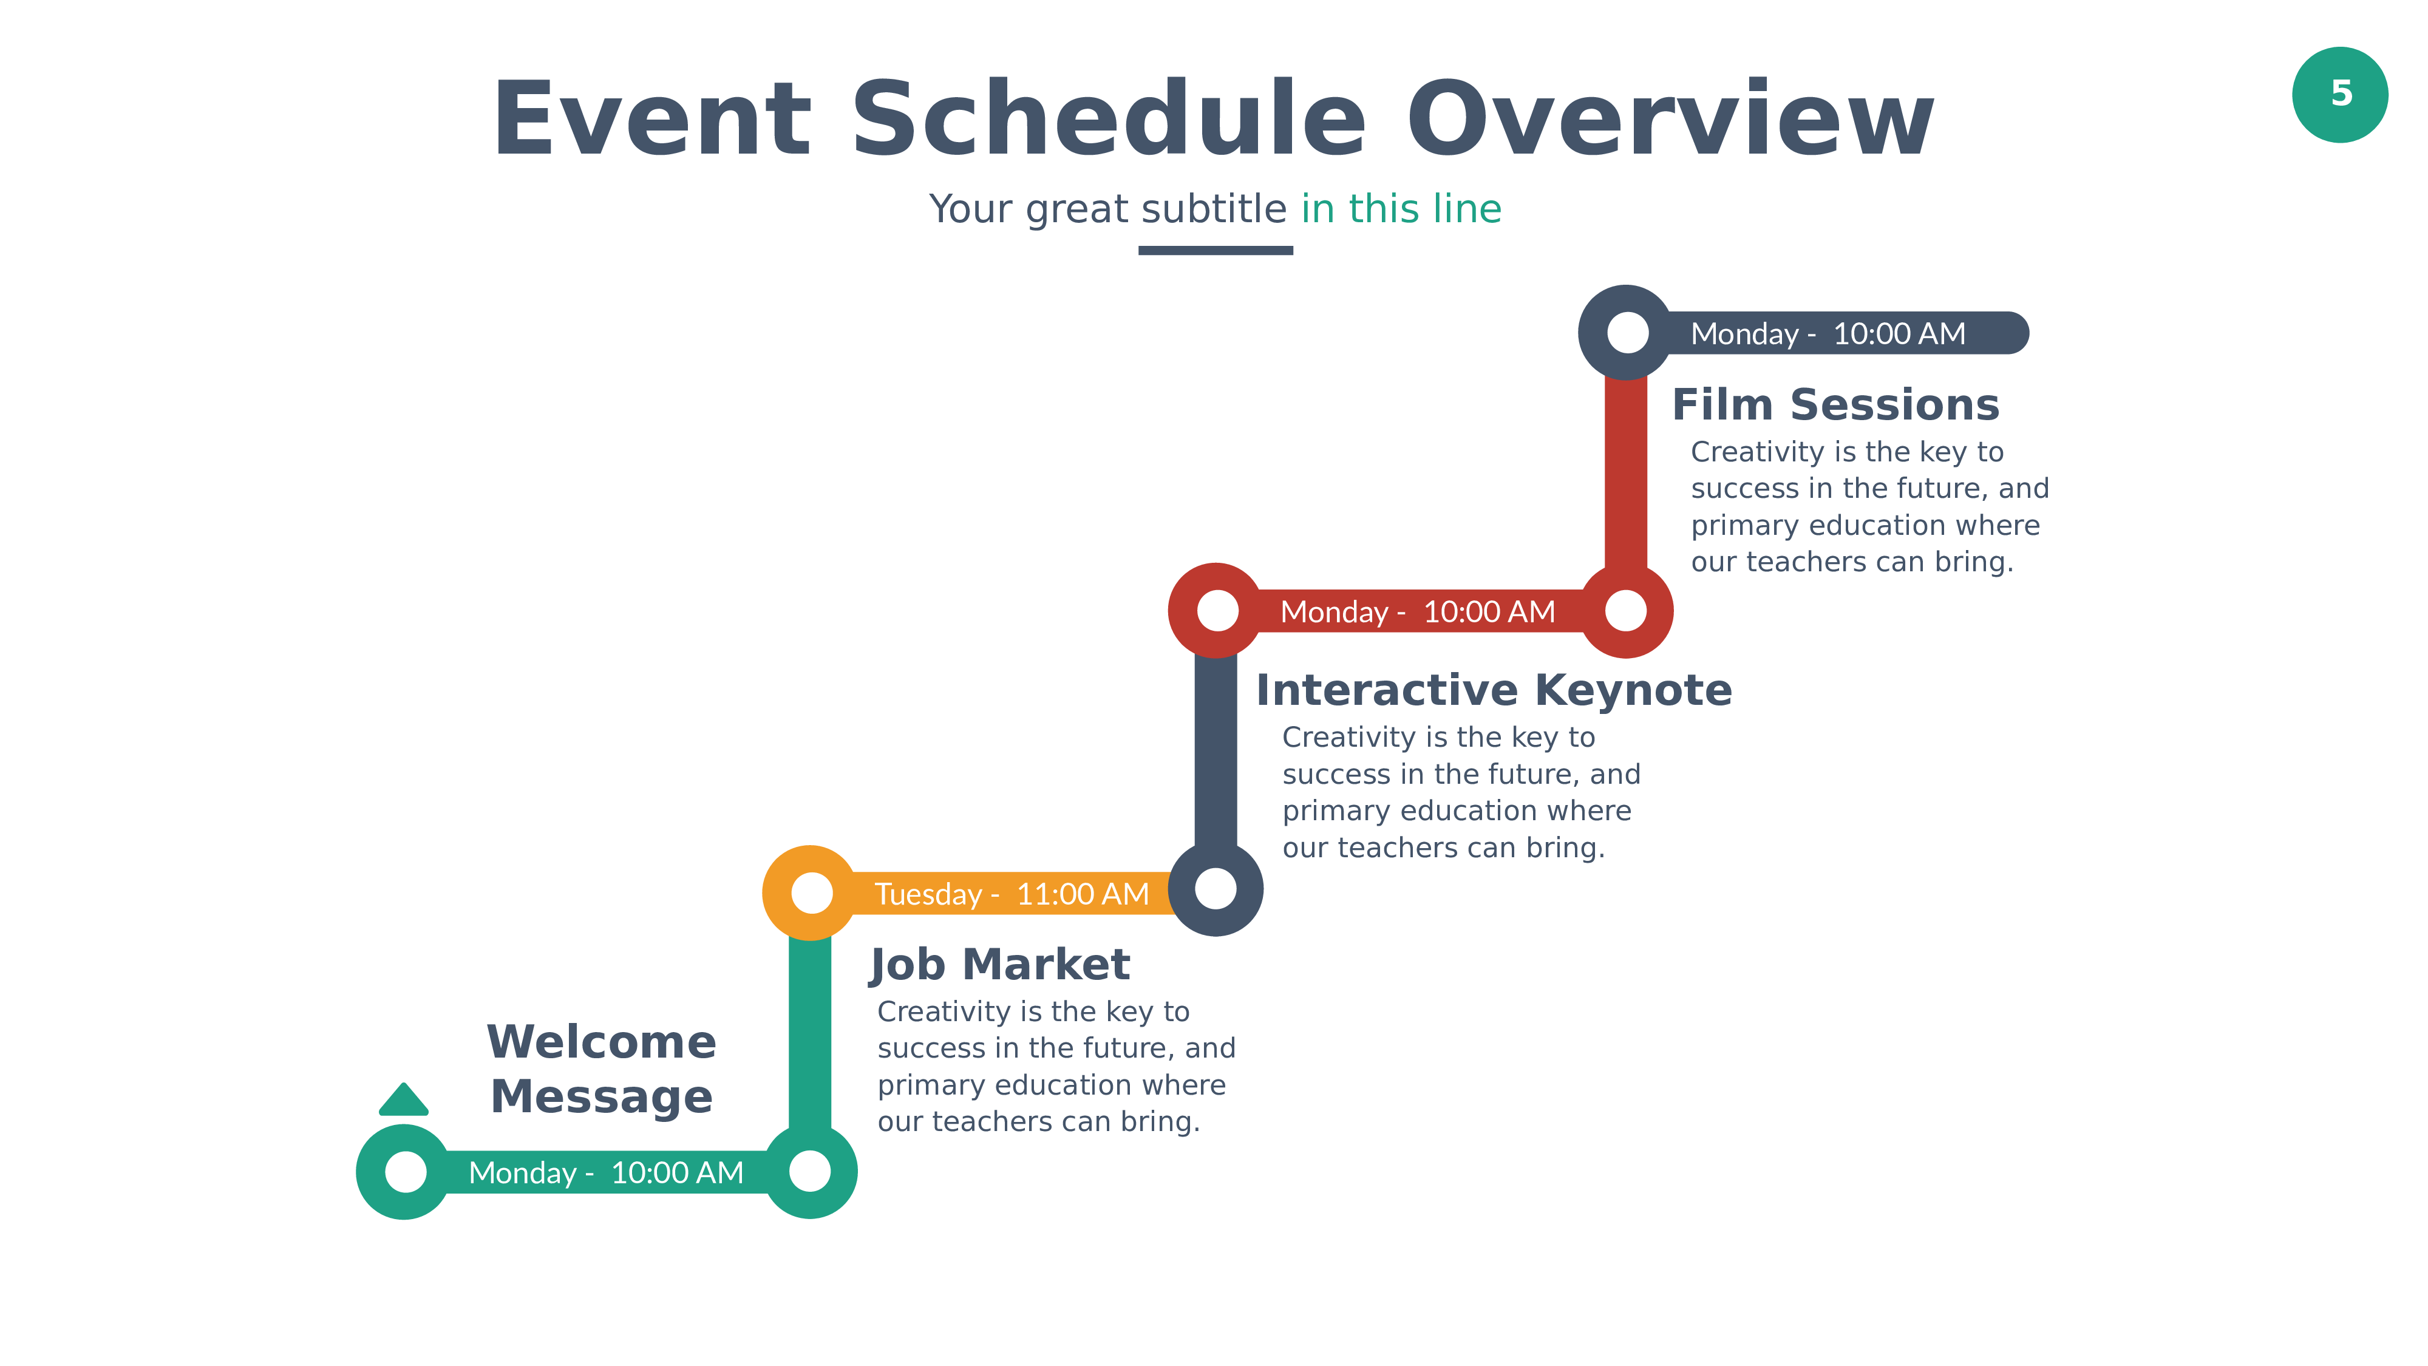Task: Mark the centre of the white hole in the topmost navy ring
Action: [x=1627, y=332]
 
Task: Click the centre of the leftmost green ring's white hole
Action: [x=406, y=1172]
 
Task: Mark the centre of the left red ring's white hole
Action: [x=1217, y=611]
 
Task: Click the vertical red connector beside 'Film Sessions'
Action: [x=1626, y=471]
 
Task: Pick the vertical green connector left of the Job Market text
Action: [x=810, y=1032]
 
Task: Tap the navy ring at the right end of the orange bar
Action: [x=1216, y=889]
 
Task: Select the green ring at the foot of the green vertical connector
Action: [x=810, y=1172]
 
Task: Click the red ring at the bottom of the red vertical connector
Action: [x=1626, y=611]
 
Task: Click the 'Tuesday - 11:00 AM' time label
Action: [x=1012, y=894]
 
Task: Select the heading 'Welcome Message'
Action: [x=601, y=1069]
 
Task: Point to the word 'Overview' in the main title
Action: [x=1670, y=119]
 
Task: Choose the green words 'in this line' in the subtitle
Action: [x=1401, y=208]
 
